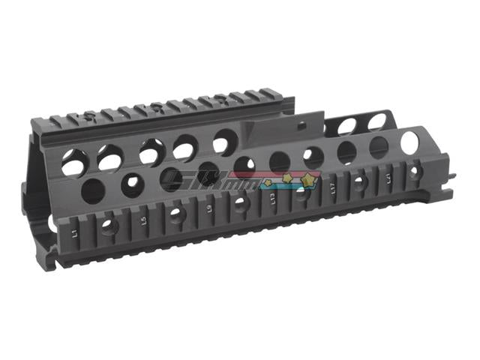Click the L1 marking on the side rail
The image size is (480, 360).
pos(75,233)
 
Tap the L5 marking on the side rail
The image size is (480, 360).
pos(142,221)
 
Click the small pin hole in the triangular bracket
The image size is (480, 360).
pos(303,124)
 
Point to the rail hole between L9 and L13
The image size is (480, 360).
pos(239,202)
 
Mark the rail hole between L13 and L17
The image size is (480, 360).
pos(301,193)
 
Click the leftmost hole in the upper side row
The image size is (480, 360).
pos(73,163)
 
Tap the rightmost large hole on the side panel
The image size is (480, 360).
pos(410,142)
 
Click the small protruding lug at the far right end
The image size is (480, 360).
pos(453,176)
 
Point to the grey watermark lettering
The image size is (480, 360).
pos(206,181)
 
